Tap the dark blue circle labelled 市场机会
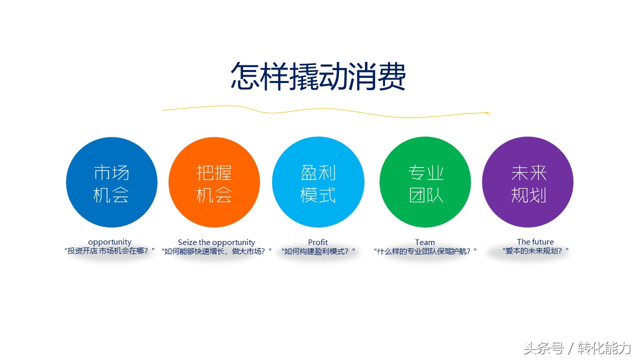[111, 182]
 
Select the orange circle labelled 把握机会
[214, 182]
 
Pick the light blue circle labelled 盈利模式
[318, 182]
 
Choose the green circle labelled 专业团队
[425, 182]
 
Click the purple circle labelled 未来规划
[527, 182]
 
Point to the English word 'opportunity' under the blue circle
[109, 242]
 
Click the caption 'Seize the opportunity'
[216, 242]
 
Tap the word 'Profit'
[318, 242]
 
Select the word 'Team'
[425, 242]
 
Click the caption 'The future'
[535, 242]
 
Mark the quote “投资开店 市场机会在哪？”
[110, 251]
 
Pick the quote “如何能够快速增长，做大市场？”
[217, 251]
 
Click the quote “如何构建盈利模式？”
[318, 251]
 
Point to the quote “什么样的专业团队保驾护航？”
[425, 251]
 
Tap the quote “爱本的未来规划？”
[536, 250]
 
